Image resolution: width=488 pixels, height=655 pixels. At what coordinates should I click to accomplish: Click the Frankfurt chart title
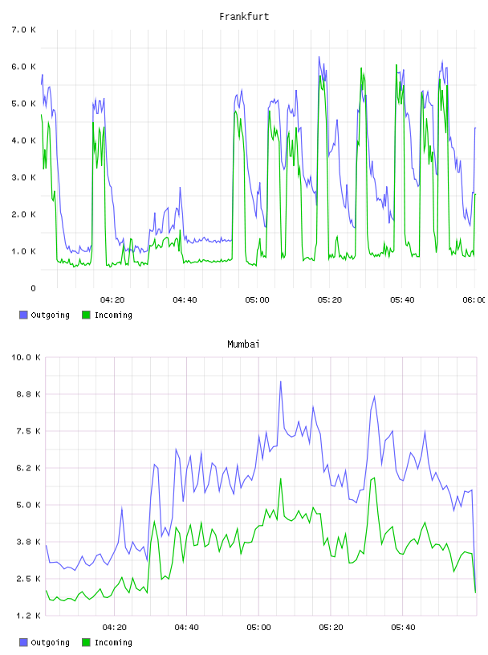coord(244,16)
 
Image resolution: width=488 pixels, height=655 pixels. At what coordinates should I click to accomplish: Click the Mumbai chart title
coord(243,344)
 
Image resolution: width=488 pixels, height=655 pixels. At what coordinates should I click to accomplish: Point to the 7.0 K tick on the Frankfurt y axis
coord(24,30)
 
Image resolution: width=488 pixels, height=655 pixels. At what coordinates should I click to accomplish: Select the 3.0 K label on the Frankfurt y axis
coord(24,177)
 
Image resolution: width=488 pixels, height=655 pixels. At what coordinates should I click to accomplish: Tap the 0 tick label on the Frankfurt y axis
coord(33,288)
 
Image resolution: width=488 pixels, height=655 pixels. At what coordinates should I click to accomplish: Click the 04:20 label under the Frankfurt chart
coord(112,299)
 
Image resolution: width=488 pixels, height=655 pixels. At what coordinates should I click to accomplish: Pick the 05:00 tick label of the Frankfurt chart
coord(257,299)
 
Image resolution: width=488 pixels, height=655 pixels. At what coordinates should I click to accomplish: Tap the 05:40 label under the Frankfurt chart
coord(402,299)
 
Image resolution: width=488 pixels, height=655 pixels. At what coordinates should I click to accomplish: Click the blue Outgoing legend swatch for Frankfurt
coord(23,315)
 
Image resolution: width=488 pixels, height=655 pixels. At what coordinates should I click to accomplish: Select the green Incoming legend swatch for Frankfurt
coord(86,315)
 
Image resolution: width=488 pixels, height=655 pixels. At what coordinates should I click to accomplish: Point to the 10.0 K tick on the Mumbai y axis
coord(26,357)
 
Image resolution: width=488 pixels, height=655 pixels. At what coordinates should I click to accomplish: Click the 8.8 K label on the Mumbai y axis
coord(28,394)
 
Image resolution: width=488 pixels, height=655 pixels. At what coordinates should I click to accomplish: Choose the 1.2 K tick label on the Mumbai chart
coord(28,616)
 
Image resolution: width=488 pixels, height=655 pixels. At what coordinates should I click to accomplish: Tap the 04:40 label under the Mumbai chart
coord(187,627)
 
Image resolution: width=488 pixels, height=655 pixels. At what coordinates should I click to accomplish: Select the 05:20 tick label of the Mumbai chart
coord(331,627)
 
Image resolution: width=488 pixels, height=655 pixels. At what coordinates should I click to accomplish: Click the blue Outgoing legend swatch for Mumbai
coord(23,642)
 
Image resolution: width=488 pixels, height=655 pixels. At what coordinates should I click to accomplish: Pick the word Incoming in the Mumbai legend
coord(113,642)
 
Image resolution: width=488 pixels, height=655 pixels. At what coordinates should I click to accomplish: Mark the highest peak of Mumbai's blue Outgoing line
coord(280,381)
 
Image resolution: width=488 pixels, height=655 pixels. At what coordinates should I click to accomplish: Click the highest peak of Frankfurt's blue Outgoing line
coord(319,57)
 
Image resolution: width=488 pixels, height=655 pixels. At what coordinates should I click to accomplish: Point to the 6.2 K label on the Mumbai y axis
coord(28,468)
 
